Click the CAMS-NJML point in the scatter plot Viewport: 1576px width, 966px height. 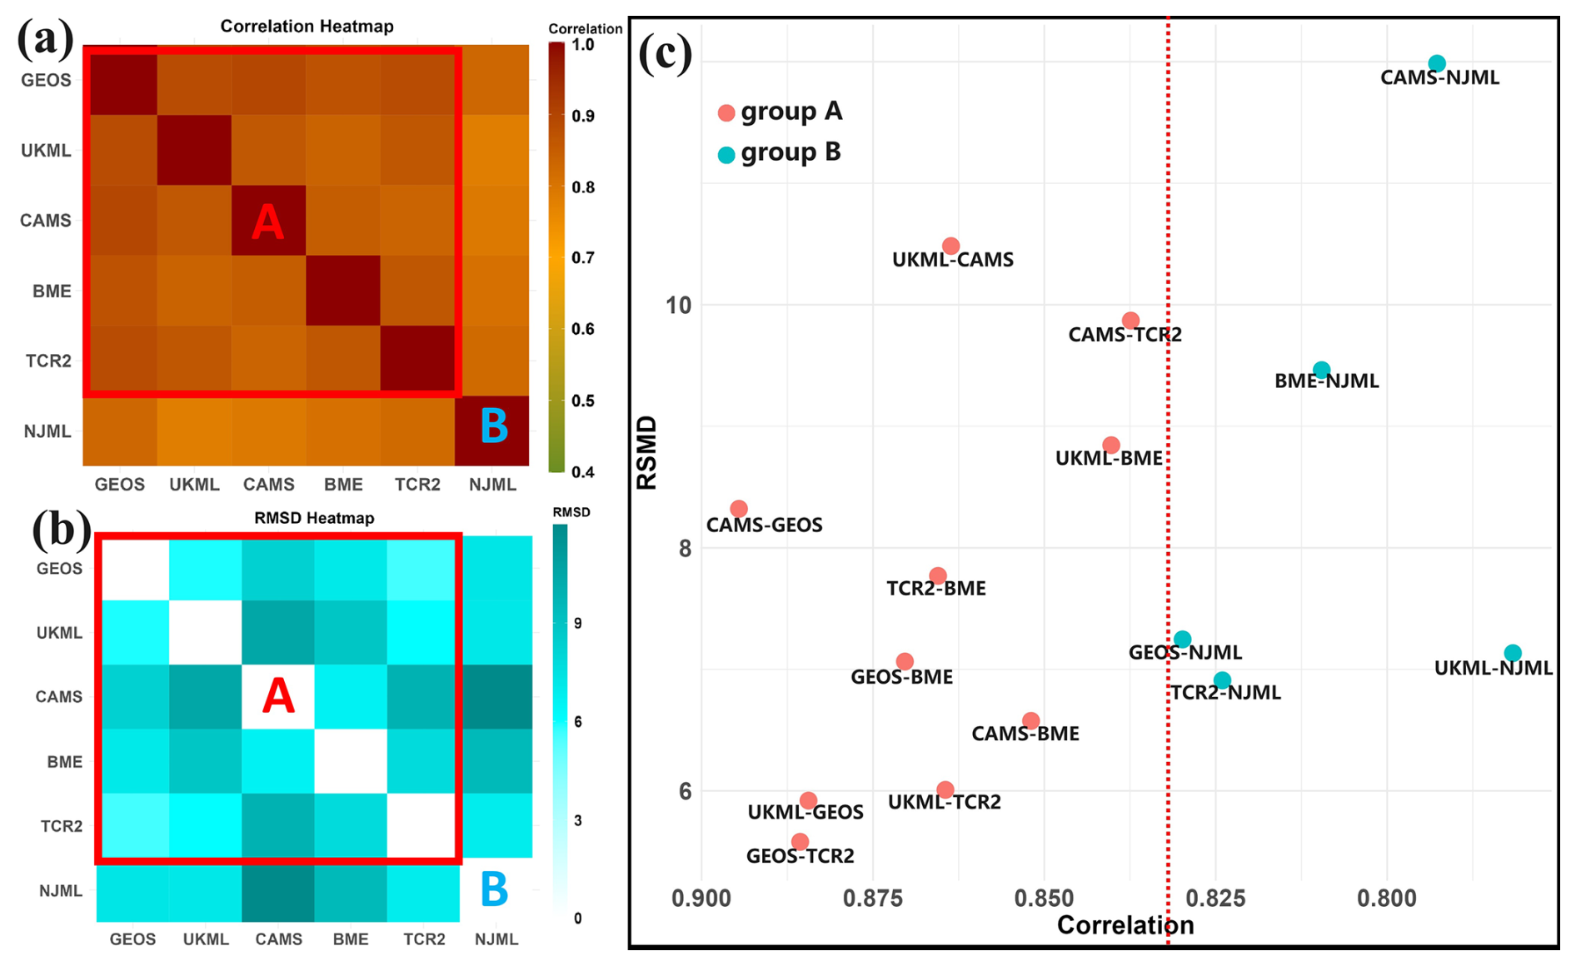tap(1437, 63)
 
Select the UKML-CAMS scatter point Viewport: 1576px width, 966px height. tap(950, 246)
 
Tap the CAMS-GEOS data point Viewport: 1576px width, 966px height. tap(739, 509)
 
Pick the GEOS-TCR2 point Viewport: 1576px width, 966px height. tap(800, 842)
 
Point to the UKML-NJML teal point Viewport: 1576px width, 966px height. tap(1513, 654)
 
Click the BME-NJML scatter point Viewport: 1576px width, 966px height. tap(1321, 370)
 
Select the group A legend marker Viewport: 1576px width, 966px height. tap(726, 113)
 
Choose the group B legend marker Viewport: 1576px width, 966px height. tap(726, 155)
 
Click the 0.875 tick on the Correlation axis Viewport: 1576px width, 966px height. tap(872, 899)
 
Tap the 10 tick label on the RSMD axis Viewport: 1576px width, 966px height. tap(679, 306)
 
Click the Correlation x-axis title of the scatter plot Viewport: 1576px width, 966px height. tap(1125, 925)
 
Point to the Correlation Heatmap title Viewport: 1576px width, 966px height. tap(307, 27)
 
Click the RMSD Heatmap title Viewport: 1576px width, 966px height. tap(314, 518)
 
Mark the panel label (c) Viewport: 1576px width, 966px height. tap(665, 54)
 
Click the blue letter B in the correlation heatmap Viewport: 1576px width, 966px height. tap(494, 426)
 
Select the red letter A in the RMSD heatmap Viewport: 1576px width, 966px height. tap(278, 696)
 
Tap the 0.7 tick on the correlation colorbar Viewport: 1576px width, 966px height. tap(583, 258)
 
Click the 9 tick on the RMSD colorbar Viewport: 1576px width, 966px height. tap(578, 624)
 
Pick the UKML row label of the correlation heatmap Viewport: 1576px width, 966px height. tap(46, 151)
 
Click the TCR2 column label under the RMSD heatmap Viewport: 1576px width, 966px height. tap(424, 939)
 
